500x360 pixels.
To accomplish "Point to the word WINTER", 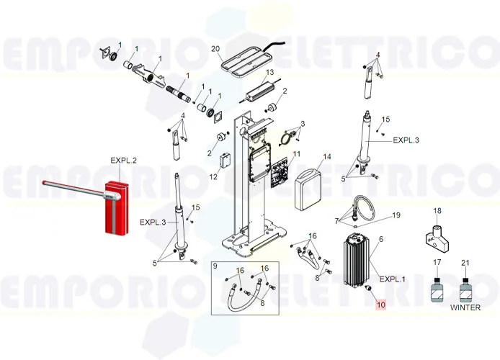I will click(465, 307).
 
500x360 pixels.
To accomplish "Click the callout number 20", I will click(215, 48).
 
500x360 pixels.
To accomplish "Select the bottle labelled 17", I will click(436, 290).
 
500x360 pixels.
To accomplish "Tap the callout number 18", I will click(436, 211).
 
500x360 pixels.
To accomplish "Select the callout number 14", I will click(326, 156).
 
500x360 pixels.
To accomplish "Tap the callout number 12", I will click(213, 176).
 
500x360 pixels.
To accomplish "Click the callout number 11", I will click(296, 154).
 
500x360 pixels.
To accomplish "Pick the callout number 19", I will click(395, 215).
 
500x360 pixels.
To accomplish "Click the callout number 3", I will click(302, 124).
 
